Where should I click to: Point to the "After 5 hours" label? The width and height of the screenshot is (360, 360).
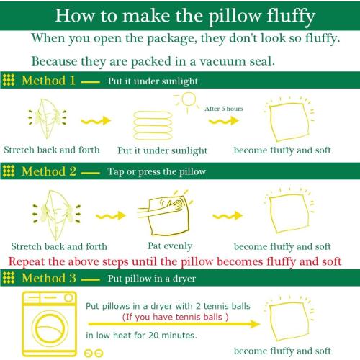[224, 108]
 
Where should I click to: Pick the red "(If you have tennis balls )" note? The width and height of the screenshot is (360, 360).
[176, 316]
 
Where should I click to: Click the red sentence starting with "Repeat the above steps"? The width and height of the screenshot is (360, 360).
[175, 261]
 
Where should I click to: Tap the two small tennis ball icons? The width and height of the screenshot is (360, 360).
[94, 353]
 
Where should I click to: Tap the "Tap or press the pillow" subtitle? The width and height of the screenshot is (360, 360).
[156, 171]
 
